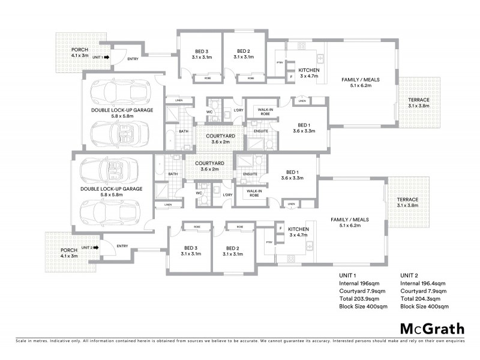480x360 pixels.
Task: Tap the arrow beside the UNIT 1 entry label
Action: [x=106, y=57]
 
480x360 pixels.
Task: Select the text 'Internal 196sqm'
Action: [x=360, y=284]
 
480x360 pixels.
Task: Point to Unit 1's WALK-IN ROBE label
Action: [x=266, y=112]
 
